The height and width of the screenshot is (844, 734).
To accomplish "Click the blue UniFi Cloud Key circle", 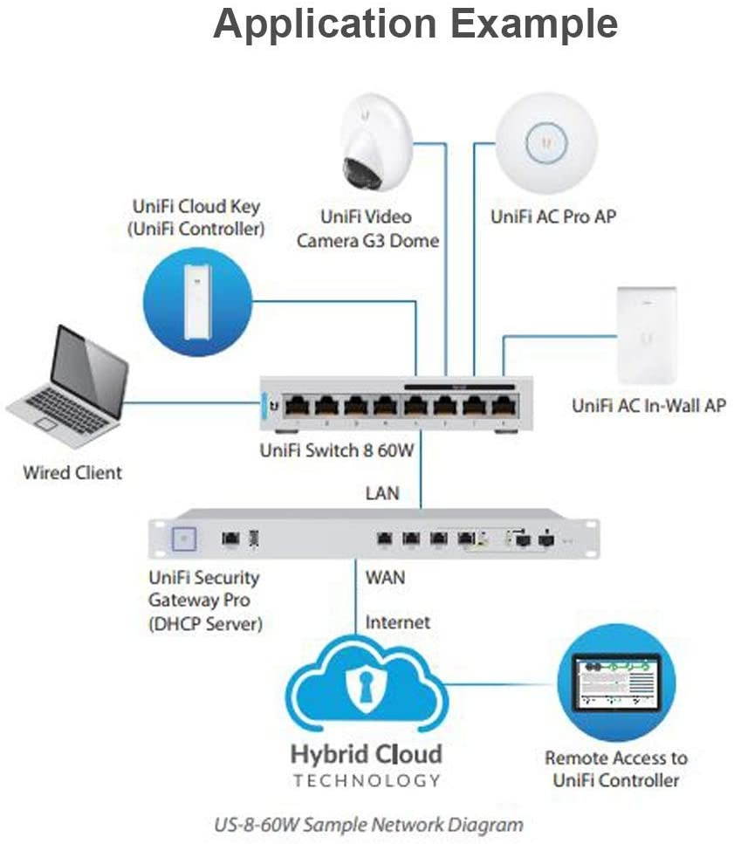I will (197, 301).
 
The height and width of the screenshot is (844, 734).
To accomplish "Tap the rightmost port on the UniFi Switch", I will (501, 406).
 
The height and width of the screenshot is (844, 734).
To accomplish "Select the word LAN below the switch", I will (382, 493).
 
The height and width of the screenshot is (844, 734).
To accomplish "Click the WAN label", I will (385, 577).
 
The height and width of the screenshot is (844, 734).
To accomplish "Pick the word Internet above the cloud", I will (397, 622).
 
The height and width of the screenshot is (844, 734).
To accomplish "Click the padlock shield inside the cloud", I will (367, 688).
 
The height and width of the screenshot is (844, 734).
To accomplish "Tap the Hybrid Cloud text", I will (367, 753).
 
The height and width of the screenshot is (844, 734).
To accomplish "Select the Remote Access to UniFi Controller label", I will (615, 769).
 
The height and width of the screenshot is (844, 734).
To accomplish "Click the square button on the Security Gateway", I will (183, 539).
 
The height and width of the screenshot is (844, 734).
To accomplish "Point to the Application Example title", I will (415, 24).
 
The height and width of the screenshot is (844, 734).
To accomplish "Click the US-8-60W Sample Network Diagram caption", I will (368, 824).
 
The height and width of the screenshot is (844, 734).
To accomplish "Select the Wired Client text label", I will (72, 473).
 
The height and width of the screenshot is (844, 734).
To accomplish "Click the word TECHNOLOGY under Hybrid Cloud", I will (367, 780).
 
